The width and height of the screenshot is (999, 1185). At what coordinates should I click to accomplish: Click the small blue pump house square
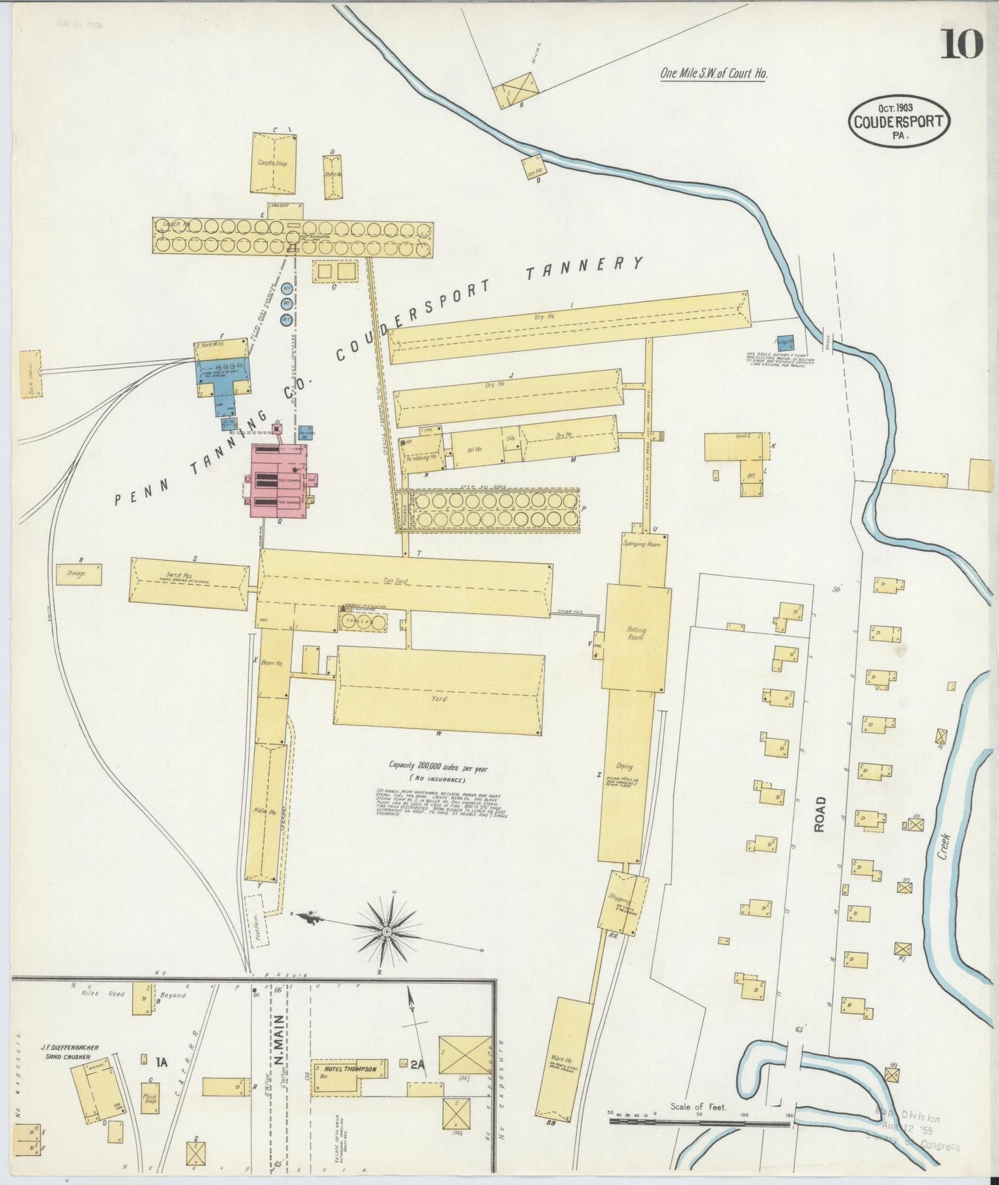(x=785, y=344)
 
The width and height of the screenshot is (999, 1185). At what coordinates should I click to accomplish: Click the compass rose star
(x=387, y=931)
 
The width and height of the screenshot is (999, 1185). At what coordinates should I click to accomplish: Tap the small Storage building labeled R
(x=78, y=574)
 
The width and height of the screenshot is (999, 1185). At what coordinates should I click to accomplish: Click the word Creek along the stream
(x=944, y=846)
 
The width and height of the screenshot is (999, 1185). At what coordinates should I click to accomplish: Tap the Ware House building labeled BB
(x=565, y=1058)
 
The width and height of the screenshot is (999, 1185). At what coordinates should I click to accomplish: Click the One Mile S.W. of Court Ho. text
(x=713, y=73)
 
